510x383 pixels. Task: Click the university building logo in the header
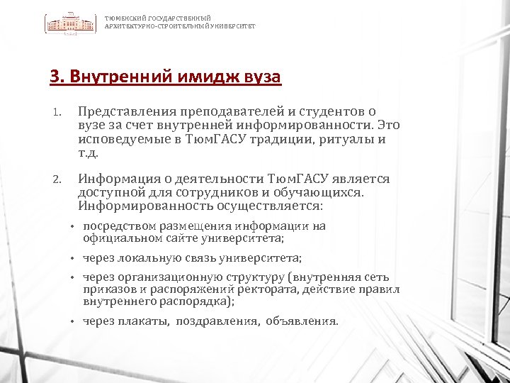(x=72, y=23)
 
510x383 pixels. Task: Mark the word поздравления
(x=217, y=321)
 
